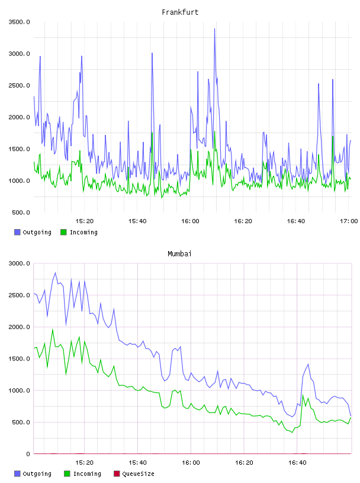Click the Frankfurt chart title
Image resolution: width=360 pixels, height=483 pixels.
(x=180, y=12)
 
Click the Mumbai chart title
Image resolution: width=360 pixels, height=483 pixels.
(x=179, y=254)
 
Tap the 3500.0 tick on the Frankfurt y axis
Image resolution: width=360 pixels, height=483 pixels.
(x=19, y=22)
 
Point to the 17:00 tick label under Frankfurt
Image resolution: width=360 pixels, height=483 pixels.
(x=349, y=221)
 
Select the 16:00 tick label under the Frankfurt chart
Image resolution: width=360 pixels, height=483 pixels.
(x=190, y=221)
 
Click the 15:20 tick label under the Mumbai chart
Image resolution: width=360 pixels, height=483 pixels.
(x=84, y=463)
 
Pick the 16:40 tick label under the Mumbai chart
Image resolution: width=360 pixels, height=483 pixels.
(x=297, y=463)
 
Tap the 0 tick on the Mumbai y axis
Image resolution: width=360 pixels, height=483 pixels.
(x=28, y=454)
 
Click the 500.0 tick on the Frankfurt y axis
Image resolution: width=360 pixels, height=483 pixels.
(x=21, y=212)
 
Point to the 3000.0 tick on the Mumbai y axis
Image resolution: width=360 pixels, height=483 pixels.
(x=19, y=263)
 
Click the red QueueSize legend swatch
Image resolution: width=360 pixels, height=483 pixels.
(x=117, y=474)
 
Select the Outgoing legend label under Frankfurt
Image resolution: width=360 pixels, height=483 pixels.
(x=37, y=233)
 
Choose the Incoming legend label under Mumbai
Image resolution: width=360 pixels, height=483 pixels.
(x=87, y=474)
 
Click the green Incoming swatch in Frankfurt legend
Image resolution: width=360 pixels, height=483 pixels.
(x=63, y=232)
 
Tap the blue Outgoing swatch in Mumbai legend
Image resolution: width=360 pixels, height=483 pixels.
(x=17, y=474)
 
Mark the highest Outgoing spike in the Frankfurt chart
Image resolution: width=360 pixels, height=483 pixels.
(x=214, y=29)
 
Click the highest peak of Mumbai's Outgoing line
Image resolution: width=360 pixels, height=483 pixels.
(x=55, y=273)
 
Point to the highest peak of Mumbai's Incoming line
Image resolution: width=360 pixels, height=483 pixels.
(x=53, y=329)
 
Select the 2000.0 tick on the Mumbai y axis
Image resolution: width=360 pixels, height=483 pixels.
(x=19, y=327)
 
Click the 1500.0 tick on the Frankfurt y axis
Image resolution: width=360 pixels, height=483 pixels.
(x=19, y=149)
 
